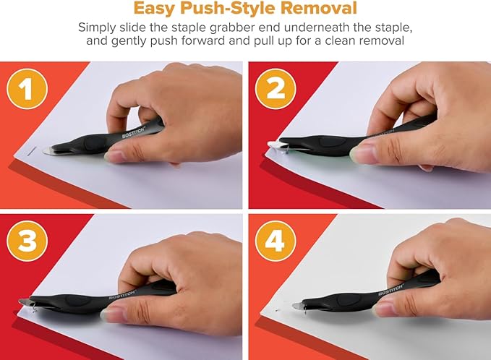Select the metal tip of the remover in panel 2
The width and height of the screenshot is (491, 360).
pyautogui.click(x=275, y=147)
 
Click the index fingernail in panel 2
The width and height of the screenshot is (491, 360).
pyautogui.click(x=361, y=151)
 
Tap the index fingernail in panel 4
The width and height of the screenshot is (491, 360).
pyautogui.click(x=381, y=307)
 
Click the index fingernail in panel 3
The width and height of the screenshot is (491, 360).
pyautogui.click(x=114, y=312)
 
